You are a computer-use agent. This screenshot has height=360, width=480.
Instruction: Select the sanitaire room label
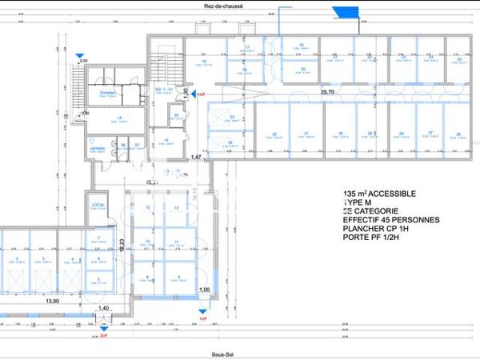point(98,148)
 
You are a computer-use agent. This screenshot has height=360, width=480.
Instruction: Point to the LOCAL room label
point(98,206)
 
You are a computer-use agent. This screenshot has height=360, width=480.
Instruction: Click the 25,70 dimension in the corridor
point(327,92)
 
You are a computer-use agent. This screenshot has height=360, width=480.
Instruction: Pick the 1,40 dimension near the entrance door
point(102,309)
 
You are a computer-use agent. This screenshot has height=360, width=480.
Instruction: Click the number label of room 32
point(274,134)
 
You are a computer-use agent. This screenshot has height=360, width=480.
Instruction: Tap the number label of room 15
point(119,118)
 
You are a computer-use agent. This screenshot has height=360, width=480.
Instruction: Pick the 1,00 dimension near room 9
point(204,290)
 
